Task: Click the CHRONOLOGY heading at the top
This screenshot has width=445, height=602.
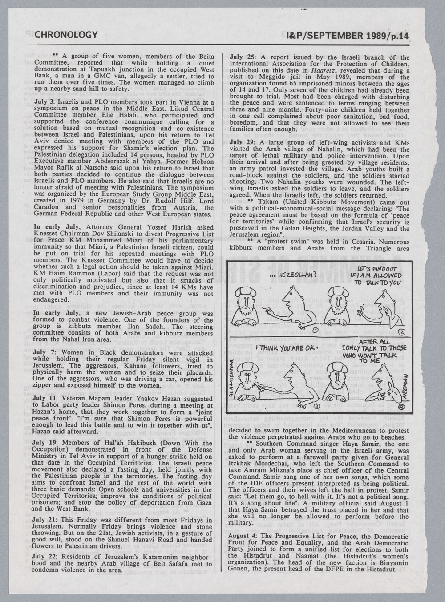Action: pos(66,34)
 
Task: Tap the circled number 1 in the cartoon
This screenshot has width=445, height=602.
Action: pos(315,330)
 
